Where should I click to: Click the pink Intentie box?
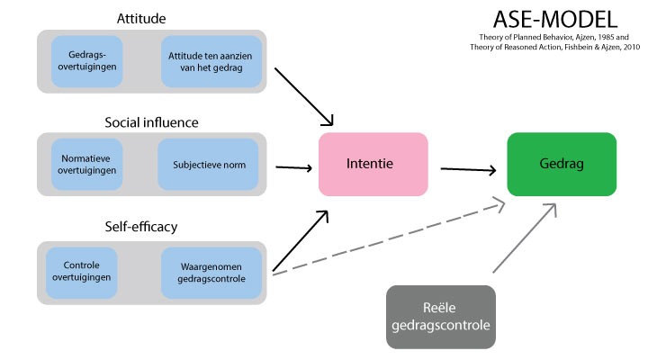click(x=373, y=165)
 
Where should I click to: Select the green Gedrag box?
click(x=562, y=165)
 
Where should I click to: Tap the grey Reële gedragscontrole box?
click(x=440, y=317)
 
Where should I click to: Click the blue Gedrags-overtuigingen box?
click(x=86, y=61)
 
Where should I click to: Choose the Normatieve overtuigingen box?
click(x=86, y=165)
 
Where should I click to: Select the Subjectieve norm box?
click(x=208, y=165)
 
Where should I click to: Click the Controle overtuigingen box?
click(x=87, y=271)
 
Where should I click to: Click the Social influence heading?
click(x=151, y=122)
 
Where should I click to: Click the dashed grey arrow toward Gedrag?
click(x=387, y=238)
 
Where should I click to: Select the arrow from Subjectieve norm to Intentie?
click(x=292, y=166)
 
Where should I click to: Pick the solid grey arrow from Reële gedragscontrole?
click(x=524, y=238)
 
